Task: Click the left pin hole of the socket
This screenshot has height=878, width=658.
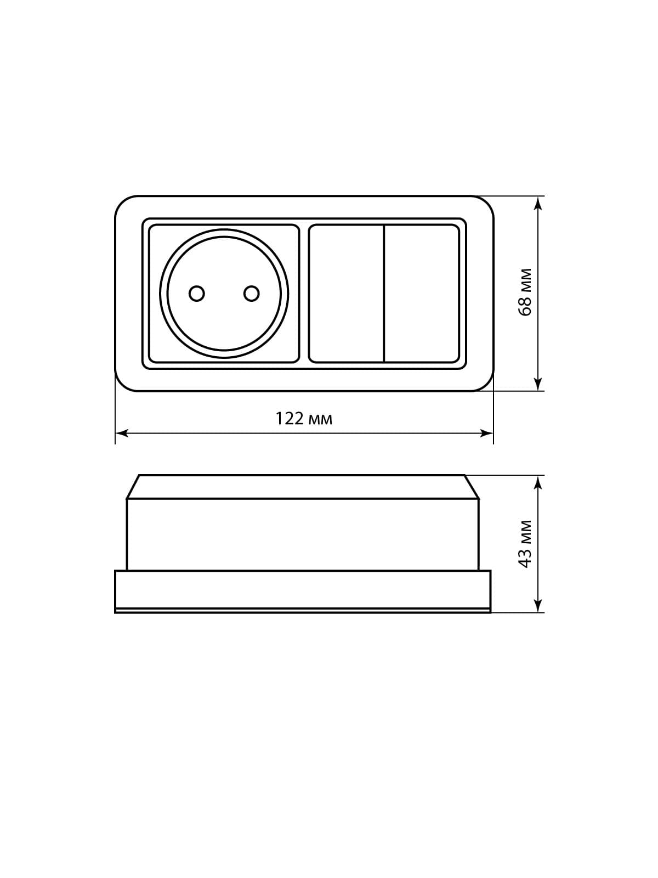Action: [x=196, y=294]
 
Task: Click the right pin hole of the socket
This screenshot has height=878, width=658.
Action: [x=251, y=294]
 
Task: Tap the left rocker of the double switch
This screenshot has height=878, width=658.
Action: [x=347, y=294]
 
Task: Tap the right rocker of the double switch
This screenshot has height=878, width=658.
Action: [x=422, y=294]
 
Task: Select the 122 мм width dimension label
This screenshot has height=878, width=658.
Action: [x=304, y=419]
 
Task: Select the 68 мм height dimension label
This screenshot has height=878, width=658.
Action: [x=525, y=292]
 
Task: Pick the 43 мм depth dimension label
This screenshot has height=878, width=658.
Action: [x=525, y=544]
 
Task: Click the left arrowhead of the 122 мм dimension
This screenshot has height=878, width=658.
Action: [x=122, y=433]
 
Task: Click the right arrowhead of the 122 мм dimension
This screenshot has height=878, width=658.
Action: [x=486, y=433]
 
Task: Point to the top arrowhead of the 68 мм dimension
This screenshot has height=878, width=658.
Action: [x=538, y=203]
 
